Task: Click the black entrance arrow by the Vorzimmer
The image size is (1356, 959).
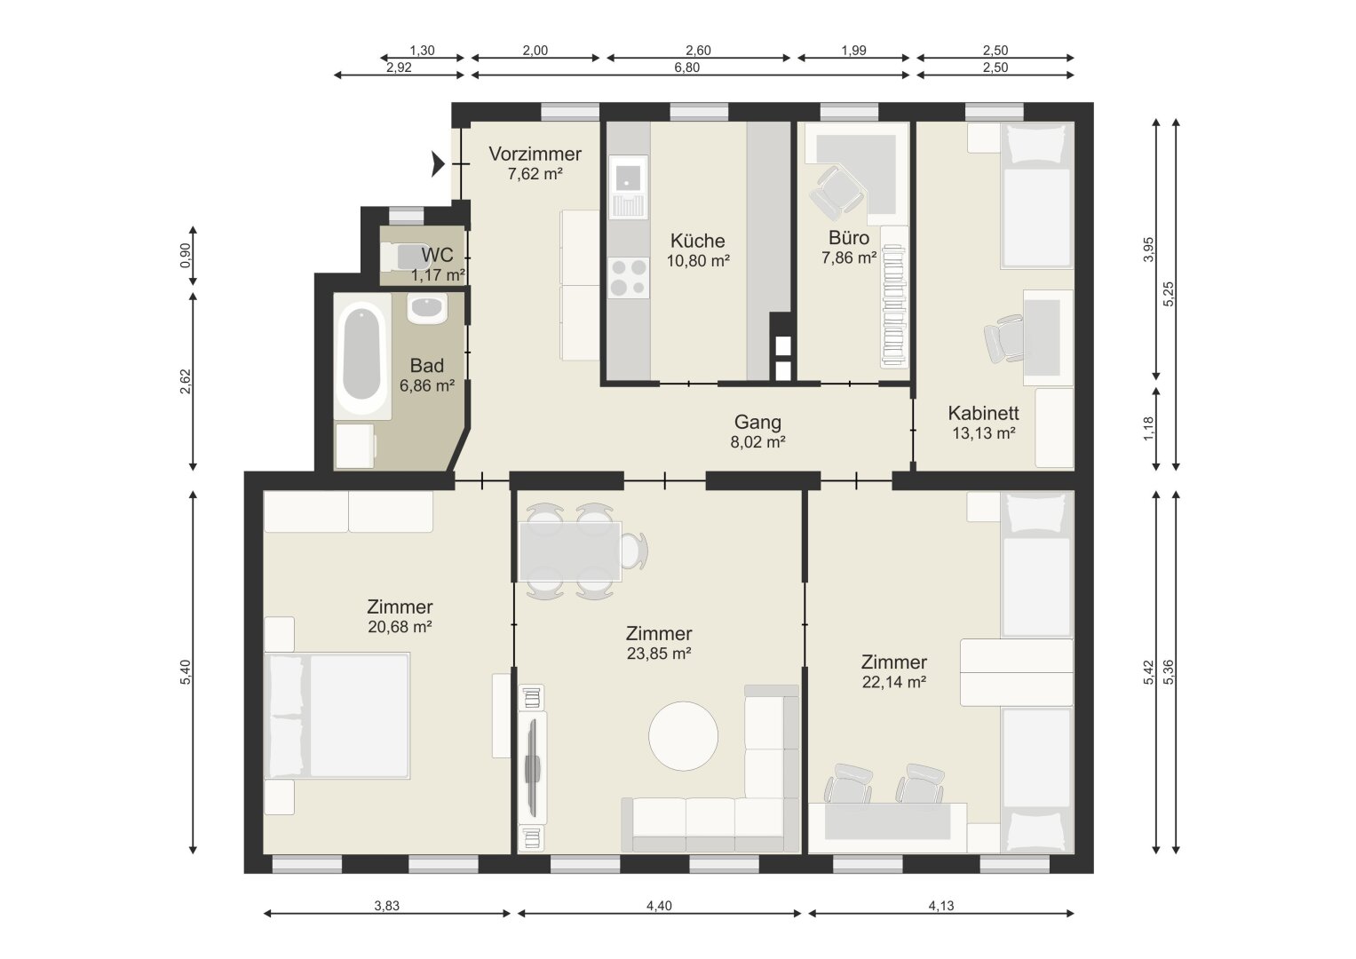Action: tap(437, 164)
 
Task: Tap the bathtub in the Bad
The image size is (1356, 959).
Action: tap(362, 356)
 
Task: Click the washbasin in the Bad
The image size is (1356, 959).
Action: tap(427, 309)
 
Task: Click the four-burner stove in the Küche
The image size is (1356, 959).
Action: tap(628, 277)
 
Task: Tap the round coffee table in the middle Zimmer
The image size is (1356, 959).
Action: tap(683, 735)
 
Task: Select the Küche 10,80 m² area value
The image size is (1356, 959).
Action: tap(698, 261)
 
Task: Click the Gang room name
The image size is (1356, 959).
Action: tap(757, 422)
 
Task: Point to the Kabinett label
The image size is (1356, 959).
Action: tap(983, 413)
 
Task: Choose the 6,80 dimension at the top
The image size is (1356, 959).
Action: tap(687, 67)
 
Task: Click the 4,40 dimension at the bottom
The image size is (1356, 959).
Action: tap(659, 906)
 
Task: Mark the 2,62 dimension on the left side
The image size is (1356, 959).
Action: tap(186, 382)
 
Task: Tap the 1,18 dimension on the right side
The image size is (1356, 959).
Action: tap(1149, 429)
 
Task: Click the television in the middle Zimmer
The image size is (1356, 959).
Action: tap(534, 767)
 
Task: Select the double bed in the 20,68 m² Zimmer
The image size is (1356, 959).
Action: tap(337, 716)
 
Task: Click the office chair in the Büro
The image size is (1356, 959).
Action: tap(836, 191)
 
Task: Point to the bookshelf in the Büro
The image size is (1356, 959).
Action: tap(894, 297)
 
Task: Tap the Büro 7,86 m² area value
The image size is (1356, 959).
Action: tap(849, 258)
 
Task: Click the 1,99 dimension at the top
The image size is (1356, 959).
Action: tap(853, 51)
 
